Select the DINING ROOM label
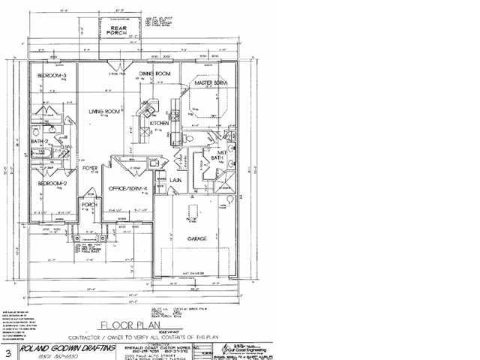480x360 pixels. point(156,73)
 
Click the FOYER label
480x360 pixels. point(91,169)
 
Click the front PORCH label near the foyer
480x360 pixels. point(89,204)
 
